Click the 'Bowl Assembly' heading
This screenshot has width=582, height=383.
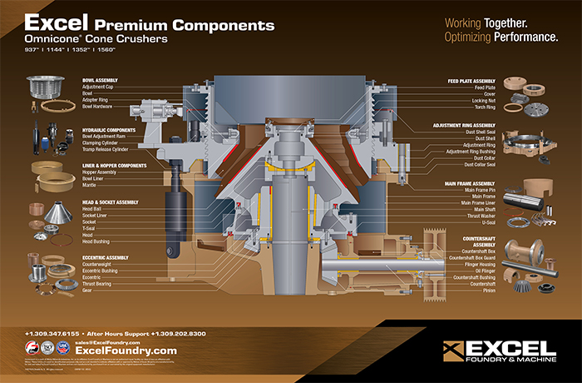[x=100, y=80]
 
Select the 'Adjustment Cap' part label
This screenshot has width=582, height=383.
[x=98, y=87]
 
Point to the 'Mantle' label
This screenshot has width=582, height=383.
[x=90, y=185]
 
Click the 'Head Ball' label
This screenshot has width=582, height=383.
[x=91, y=208]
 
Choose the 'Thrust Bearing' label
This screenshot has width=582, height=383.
[x=96, y=284]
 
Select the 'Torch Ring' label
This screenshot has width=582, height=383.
[x=484, y=107]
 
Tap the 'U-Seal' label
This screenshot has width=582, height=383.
[x=488, y=222]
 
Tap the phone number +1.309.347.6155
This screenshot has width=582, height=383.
[x=56, y=333]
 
